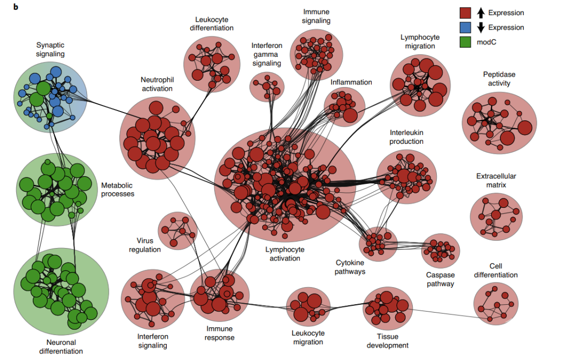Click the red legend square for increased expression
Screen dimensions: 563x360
tap(466, 13)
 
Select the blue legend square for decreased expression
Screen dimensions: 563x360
tap(466, 27)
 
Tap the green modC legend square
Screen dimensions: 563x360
tap(466, 42)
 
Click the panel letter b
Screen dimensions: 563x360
tap(16, 7)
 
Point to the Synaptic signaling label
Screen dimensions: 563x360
tap(50, 49)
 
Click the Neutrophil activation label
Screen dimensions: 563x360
tap(157, 84)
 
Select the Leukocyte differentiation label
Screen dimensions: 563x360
tap(212, 23)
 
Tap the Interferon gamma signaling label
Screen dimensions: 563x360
tap(267, 54)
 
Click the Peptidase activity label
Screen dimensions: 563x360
tap(499, 79)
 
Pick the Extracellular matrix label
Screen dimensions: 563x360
tap(496, 181)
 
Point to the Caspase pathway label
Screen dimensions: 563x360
tap(440, 279)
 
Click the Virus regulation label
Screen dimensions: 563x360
tap(145, 245)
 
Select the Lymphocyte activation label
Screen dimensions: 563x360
tap(285, 254)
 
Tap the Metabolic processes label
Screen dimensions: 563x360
tap(118, 190)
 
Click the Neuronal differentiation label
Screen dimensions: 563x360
tap(61, 347)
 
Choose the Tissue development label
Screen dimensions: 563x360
tap(387, 341)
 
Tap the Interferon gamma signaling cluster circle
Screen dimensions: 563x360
tap(267, 87)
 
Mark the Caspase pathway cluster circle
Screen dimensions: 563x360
tap(440, 251)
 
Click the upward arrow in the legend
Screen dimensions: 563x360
tap(481, 13)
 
